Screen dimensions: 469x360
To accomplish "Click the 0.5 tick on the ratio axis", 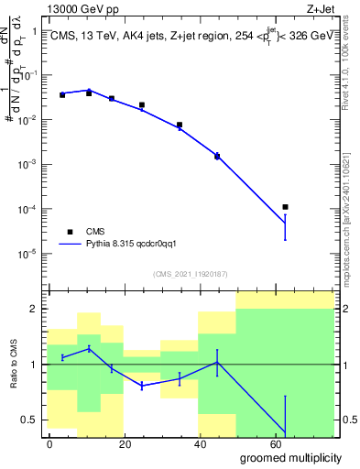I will [29, 420].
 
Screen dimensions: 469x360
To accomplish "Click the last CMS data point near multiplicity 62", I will [286, 207].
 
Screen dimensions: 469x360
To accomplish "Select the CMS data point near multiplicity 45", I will [217, 157].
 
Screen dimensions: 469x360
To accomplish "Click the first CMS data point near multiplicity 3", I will [62, 94].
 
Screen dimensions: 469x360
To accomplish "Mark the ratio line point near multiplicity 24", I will [142, 387].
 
